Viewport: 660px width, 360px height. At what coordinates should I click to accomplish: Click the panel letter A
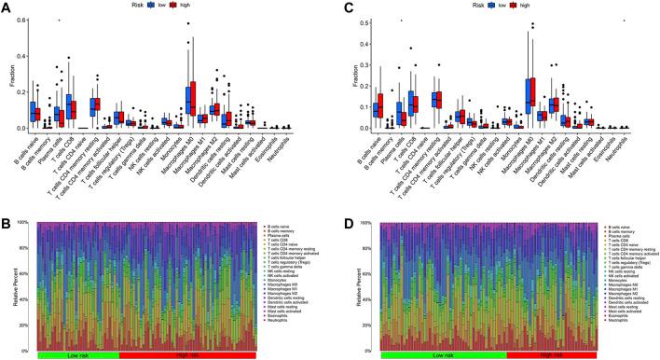(7, 7)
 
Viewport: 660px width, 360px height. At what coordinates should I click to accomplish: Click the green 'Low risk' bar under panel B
(78, 355)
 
